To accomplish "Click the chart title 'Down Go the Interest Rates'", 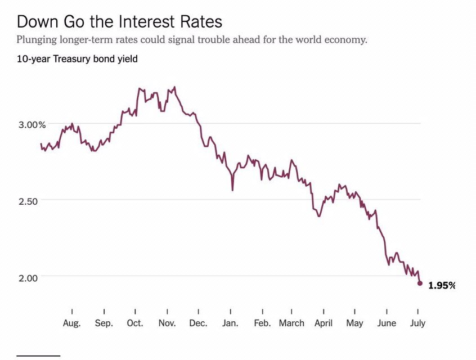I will (x=119, y=22).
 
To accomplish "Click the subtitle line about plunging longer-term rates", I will (x=191, y=40).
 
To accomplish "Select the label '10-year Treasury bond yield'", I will (x=77, y=58).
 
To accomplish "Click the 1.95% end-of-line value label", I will (x=441, y=285).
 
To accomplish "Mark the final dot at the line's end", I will (x=420, y=283).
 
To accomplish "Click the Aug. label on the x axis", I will (x=72, y=323).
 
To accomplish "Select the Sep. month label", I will (x=104, y=323).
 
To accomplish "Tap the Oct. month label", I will (x=135, y=323).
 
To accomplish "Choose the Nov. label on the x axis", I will (x=167, y=323).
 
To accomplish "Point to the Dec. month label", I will (x=199, y=323).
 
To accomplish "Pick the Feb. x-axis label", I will (x=262, y=323).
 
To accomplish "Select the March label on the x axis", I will (x=291, y=323).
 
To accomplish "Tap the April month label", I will (x=324, y=323).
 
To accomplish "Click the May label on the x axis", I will (x=354, y=323).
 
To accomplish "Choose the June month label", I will (x=387, y=323).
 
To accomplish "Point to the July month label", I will (x=417, y=323).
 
